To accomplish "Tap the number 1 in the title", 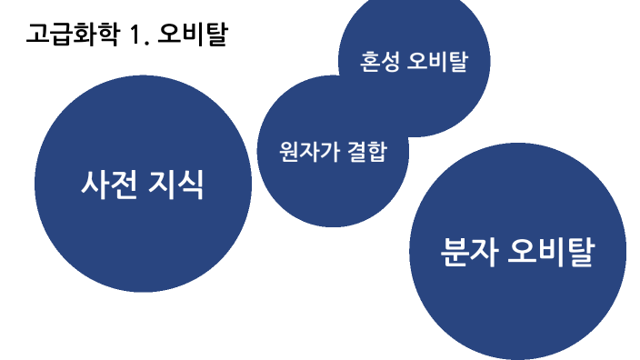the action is pyautogui.click(x=137, y=36).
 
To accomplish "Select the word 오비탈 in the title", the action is pyautogui.click(x=193, y=36).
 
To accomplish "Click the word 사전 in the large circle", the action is pyautogui.click(x=109, y=185).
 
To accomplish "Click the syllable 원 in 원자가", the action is pyautogui.click(x=290, y=151).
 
